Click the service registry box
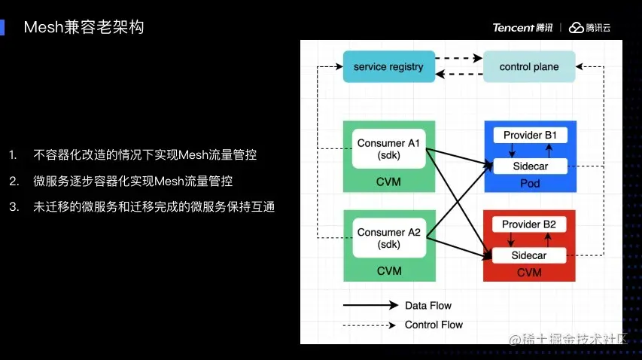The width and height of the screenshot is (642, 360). (388, 66)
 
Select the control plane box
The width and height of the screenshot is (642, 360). (529, 66)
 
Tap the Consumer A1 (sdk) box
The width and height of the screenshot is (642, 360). (388, 149)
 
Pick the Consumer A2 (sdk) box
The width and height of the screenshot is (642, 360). (388, 238)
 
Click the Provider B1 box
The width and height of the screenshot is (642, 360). (529, 136)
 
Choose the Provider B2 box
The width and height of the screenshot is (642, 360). (529, 224)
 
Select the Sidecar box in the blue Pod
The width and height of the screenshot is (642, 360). (529, 166)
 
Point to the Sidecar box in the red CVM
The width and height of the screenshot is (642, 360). (529, 255)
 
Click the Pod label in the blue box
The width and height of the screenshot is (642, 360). (529, 183)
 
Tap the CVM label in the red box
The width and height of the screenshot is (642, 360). (529, 273)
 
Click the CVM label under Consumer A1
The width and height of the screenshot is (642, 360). (388, 182)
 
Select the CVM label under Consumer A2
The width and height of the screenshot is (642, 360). (388, 271)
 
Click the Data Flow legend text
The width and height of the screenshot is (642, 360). (428, 306)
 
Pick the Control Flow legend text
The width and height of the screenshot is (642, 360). (434, 325)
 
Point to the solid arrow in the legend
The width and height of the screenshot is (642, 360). (370, 306)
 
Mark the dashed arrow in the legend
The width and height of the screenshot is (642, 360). (370, 325)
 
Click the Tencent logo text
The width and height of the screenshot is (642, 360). (522, 28)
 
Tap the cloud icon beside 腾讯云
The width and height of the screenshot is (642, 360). (576, 28)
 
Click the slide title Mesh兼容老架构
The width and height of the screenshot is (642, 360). (84, 28)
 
